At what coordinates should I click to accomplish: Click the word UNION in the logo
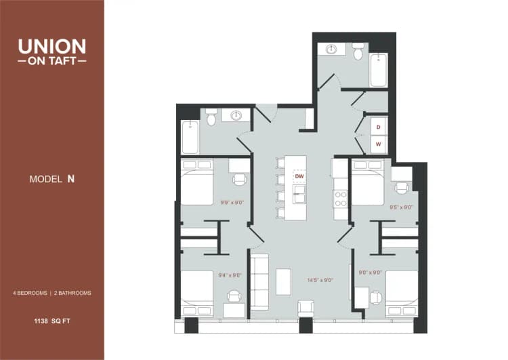[52, 47]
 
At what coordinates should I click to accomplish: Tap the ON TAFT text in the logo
[52, 60]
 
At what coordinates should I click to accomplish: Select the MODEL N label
[51, 179]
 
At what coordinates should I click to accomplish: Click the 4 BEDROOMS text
[30, 293]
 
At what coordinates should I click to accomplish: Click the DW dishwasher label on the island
[299, 176]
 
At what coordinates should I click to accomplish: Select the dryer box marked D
[379, 127]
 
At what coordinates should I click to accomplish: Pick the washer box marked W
[379, 144]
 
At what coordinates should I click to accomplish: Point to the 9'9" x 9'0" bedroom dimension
[231, 201]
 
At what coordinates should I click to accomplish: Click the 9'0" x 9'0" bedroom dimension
[370, 273]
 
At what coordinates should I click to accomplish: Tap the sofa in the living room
[259, 281]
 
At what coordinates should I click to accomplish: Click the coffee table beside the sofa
[283, 281]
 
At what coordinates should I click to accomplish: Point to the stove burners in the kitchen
[340, 198]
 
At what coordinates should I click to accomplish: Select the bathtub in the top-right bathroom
[379, 71]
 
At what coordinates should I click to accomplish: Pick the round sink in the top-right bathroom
[332, 49]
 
